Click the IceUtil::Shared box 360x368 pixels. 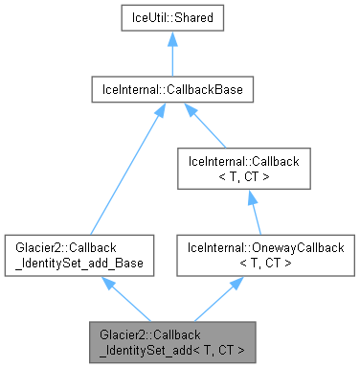point(171,18)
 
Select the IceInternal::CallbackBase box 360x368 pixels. point(171,90)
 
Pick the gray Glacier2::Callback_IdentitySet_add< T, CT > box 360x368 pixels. point(171,342)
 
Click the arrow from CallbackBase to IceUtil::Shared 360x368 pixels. point(171,56)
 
